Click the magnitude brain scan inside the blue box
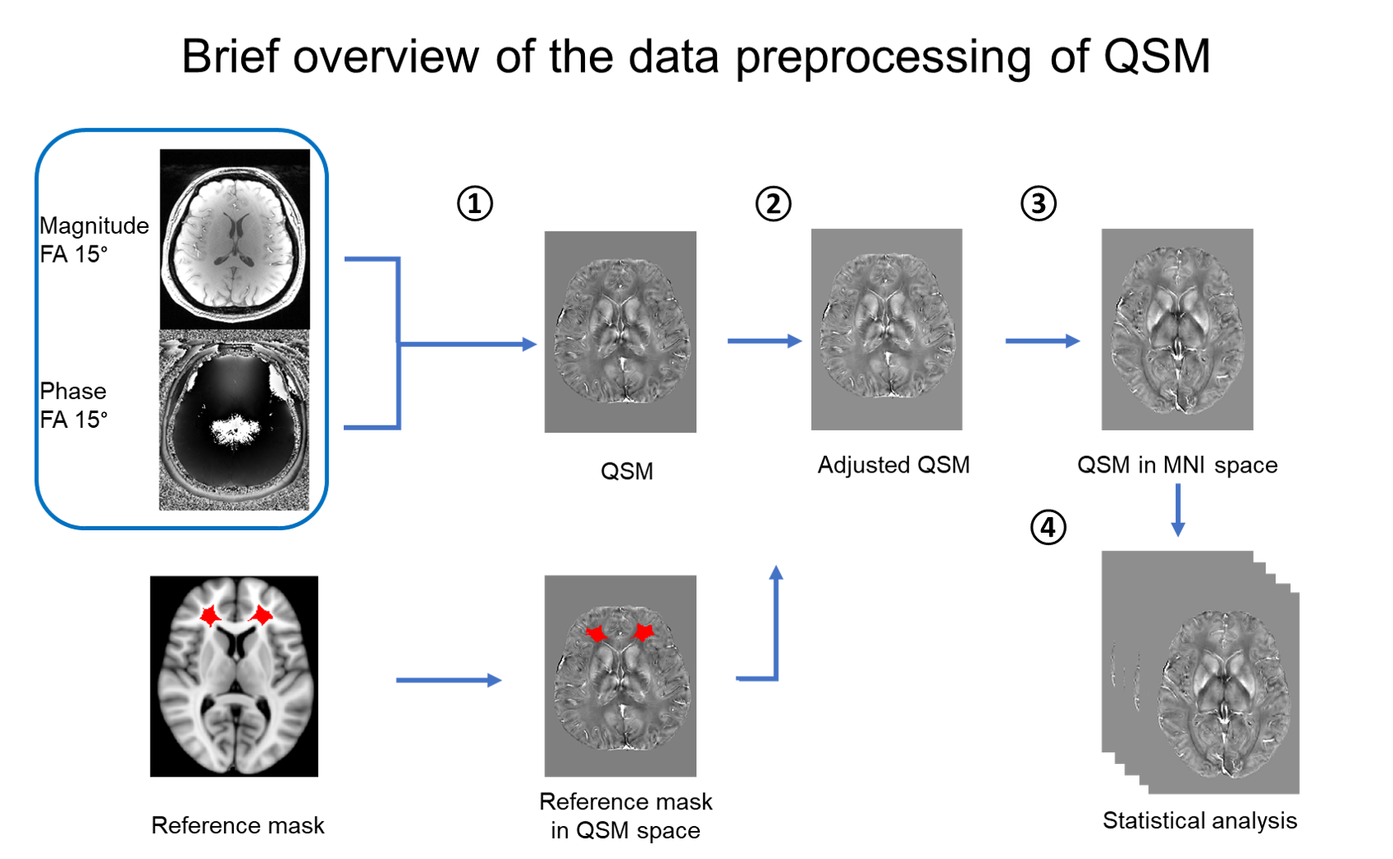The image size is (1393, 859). (235, 243)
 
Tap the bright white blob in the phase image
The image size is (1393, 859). (236, 430)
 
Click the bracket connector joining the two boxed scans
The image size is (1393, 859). (398, 343)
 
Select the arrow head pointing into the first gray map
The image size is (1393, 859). (530, 344)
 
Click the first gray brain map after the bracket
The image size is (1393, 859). (620, 331)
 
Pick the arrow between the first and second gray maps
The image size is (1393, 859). (764, 340)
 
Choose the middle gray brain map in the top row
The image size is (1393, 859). (887, 329)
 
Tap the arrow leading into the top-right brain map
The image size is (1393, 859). (1043, 340)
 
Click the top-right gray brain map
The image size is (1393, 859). (1177, 329)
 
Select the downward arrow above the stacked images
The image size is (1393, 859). (1177, 510)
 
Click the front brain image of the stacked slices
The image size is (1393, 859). (1224, 694)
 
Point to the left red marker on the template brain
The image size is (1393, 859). (210, 615)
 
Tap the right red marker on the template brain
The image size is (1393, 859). (262, 615)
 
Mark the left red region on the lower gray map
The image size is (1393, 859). (596, 634)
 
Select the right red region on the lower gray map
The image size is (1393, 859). (644, 633)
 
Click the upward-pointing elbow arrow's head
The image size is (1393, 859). (776, 572)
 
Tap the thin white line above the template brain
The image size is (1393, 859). (234, 575)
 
